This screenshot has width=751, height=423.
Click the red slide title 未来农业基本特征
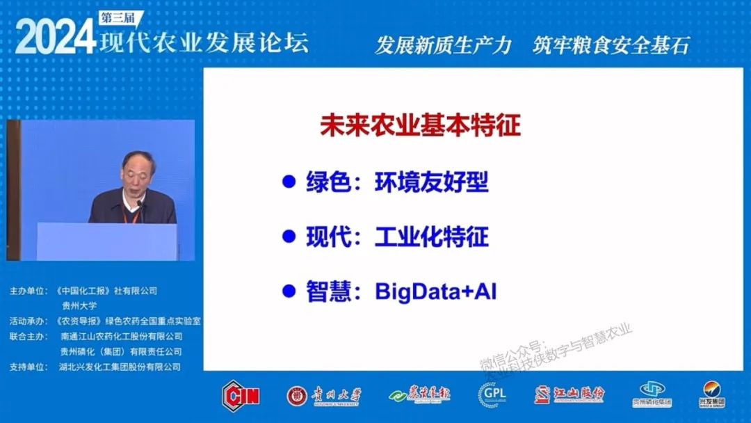(x=420, y=126)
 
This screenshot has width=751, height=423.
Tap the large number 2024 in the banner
(x=55, y=37)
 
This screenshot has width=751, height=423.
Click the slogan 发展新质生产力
(x=443, y=45)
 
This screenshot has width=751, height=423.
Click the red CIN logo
(x=241, y=395)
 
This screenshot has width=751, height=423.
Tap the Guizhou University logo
(x=324, y=395)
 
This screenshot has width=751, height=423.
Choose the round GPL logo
(x=492, y=394)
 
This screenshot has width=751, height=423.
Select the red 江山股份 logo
(x=570, y=394)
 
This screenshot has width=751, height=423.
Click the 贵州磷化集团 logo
(x=652, y=394)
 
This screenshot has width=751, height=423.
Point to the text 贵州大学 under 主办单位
(x=79, y=305)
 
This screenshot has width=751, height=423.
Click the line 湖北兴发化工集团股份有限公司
(x=121, y=367)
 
